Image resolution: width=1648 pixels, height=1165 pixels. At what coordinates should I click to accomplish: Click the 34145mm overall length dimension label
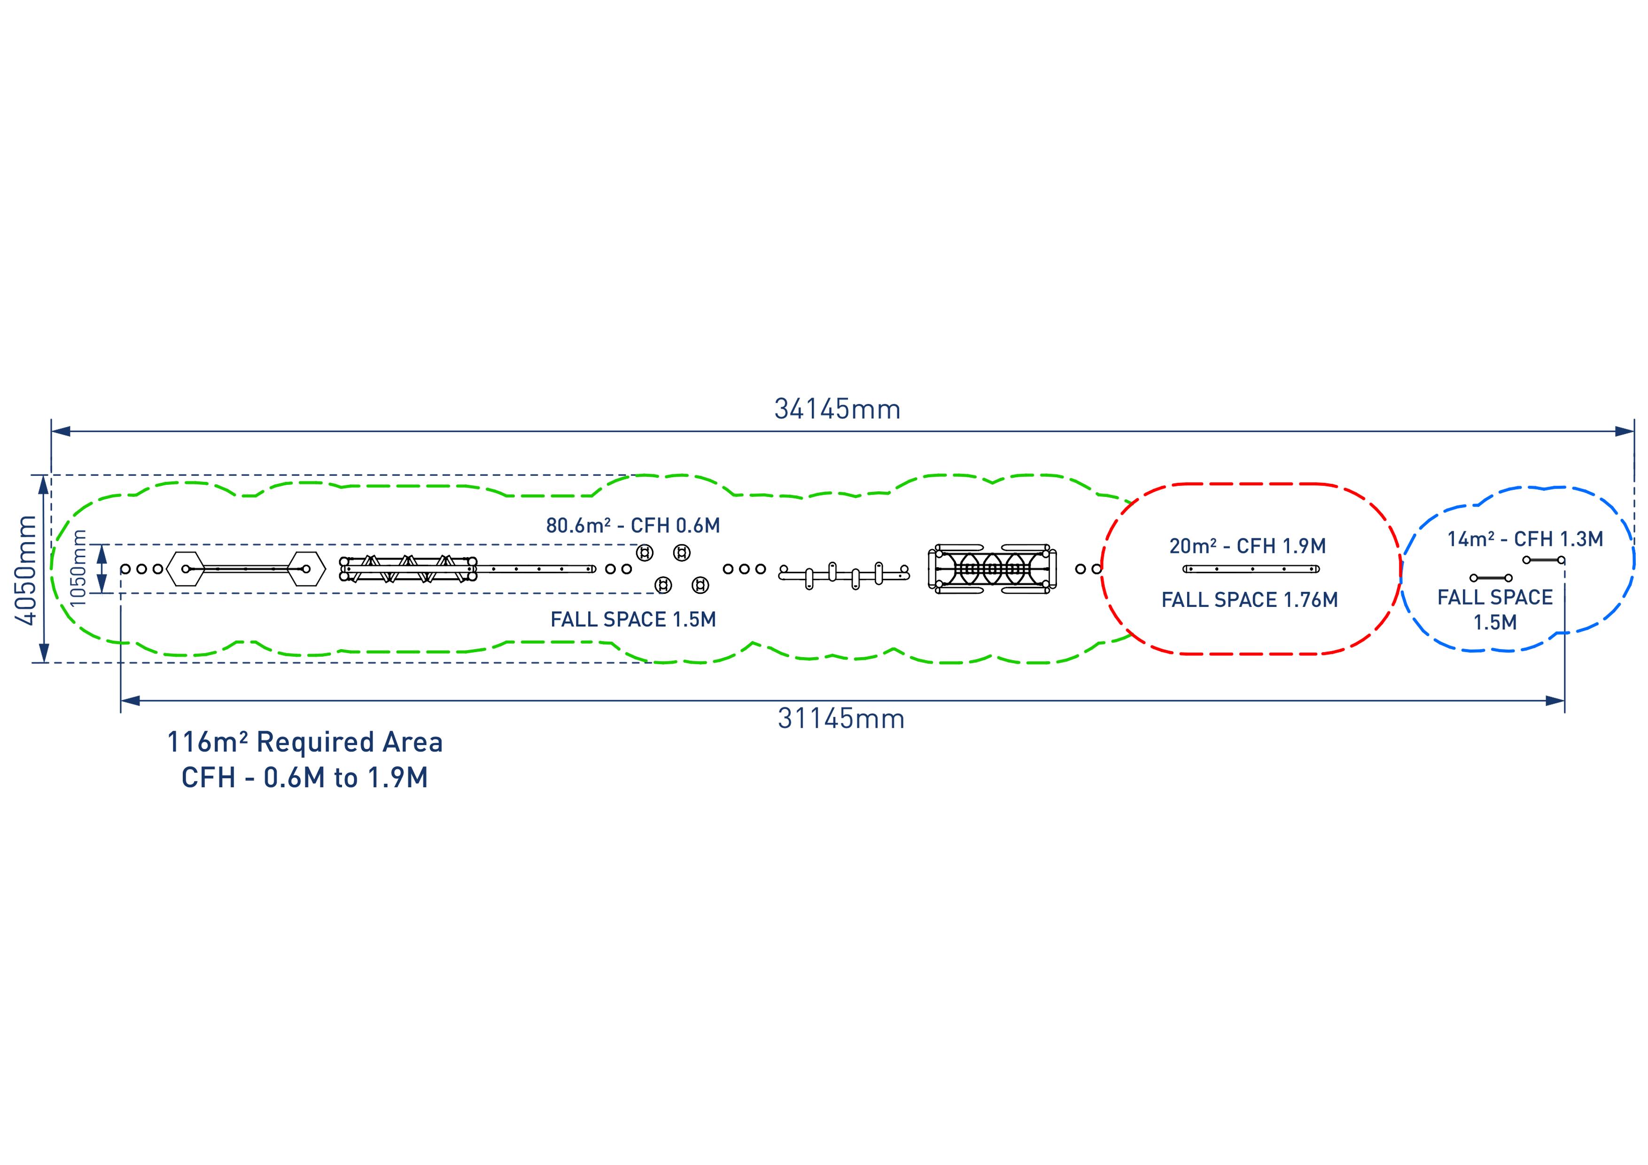tap(837, 409)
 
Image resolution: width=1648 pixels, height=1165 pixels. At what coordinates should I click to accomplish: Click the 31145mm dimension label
tap(841, 719)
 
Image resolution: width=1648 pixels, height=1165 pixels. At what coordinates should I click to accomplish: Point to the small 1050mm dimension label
tap(80, 568)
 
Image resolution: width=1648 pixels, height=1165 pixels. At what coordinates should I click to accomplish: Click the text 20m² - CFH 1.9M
tap(1247, 546)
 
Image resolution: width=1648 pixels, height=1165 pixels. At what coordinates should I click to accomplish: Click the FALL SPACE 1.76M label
tap(1250, 599)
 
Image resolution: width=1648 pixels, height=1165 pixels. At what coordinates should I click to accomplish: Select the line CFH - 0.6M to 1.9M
tap(304, 777)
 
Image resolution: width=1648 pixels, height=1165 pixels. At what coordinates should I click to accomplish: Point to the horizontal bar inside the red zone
tap(1251, 569)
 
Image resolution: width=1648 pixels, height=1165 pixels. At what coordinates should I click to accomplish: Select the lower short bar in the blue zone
tap(1491, 578)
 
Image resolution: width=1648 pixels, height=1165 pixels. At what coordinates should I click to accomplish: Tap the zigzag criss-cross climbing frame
tap(408, 568)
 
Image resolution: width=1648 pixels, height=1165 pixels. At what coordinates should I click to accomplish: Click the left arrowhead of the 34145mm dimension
tap(60, 431)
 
